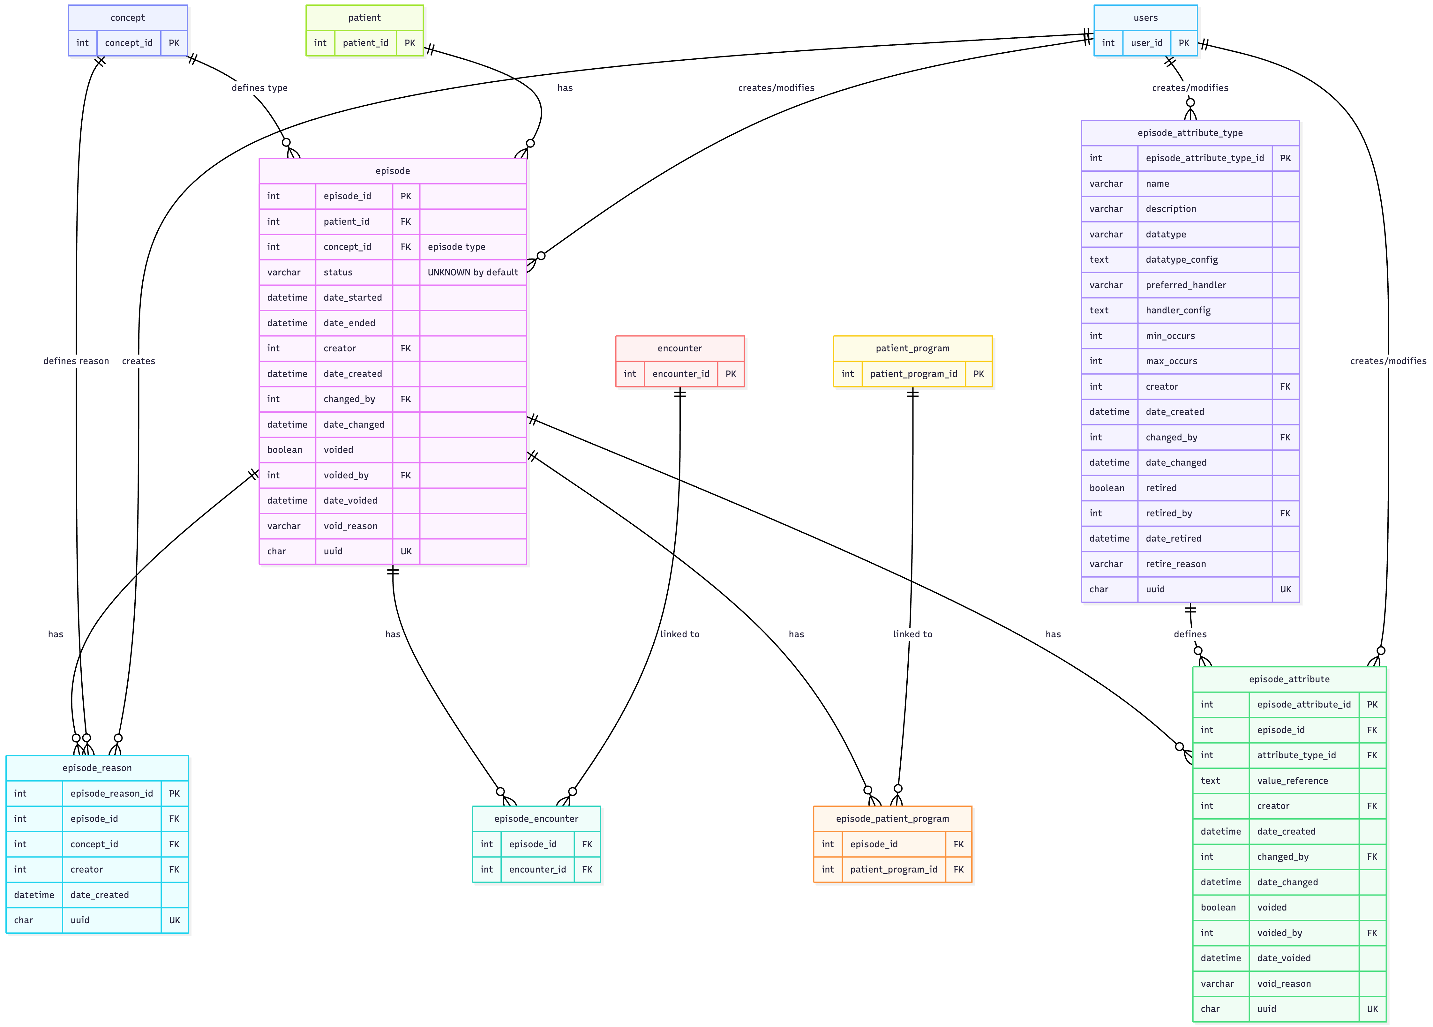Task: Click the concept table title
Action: click(x=128, y=18)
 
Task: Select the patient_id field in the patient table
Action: click(x=365, y=43)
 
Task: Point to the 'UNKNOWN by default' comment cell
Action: click(x=473, y=273)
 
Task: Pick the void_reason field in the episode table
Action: click(x=350, y=526)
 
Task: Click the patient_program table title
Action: click(x=912, y=348)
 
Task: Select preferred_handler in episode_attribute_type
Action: click(x=1185, y=285)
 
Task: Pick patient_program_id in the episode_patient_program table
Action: click(x=893, y=870)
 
